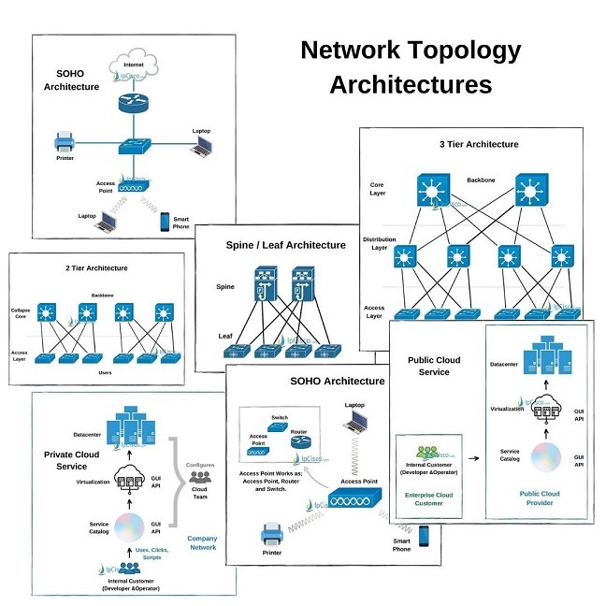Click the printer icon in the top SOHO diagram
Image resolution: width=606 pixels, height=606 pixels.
point(65,143)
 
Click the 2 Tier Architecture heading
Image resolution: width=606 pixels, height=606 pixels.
point(96,268)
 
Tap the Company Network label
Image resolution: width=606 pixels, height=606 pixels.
point(202,542)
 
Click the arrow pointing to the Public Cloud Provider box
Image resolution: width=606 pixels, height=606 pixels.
point(474,459)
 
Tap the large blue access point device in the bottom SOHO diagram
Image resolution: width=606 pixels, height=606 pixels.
point(355,503)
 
